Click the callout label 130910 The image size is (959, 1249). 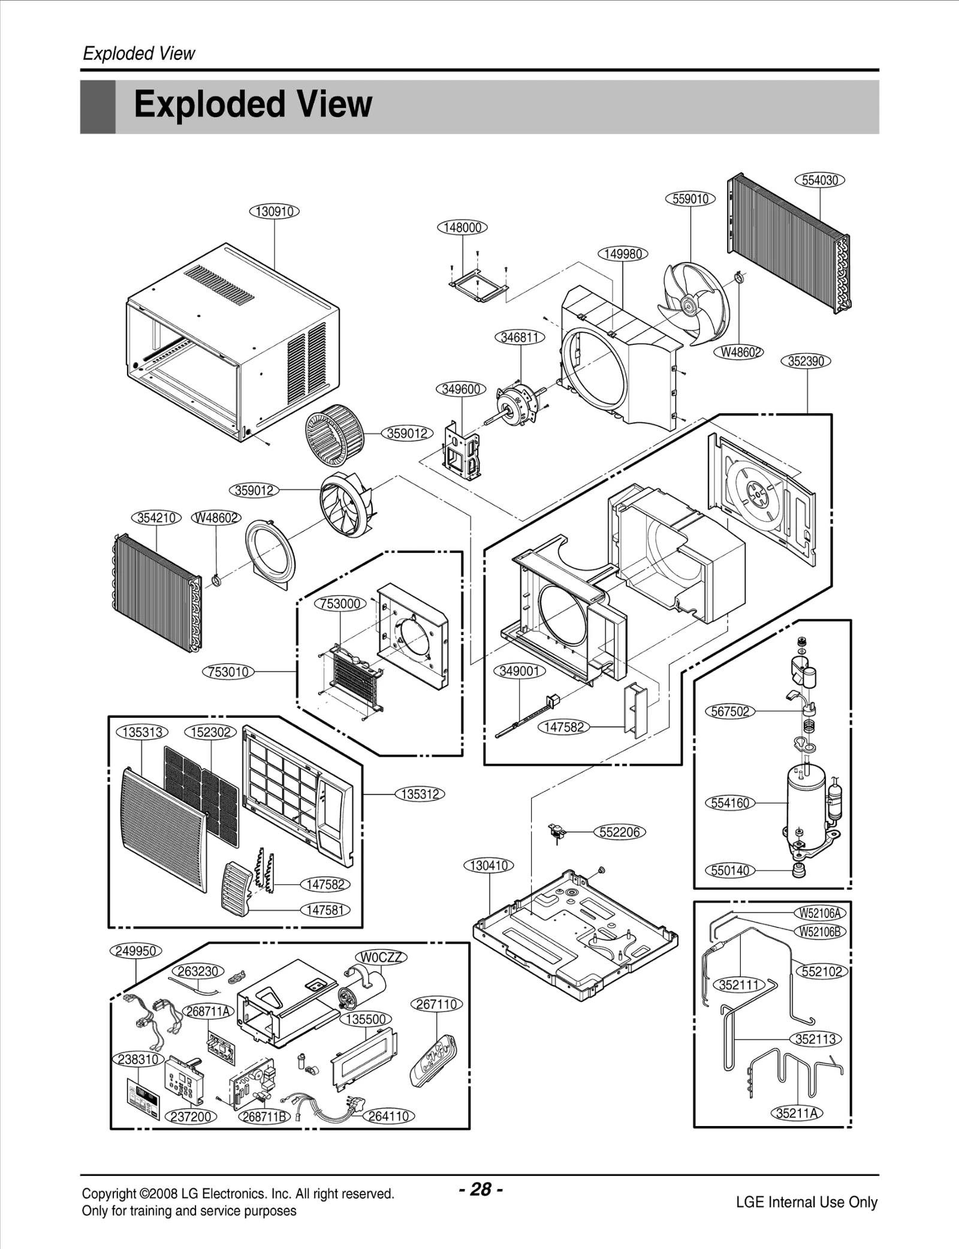(x=275, y=211)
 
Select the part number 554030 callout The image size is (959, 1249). (x=819, y=180)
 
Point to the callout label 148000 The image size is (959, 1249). (x=462, y=227)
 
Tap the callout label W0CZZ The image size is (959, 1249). (x=382, y=957)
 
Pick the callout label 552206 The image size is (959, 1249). (x=620, y=832)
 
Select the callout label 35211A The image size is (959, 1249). (x=797, y=1113)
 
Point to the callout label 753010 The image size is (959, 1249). (x=228, y=672)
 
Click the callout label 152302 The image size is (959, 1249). (x=210, y=732)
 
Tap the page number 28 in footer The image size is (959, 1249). (x=481, y=1188)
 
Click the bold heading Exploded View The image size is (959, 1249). (x=252, y=105)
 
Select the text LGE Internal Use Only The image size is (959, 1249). (x=806, y=1202)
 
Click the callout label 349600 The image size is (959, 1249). (x=460, y=389)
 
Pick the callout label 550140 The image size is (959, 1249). (x=730, y=870)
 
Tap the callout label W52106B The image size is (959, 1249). (x=821, y=931)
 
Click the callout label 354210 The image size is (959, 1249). (x=156, y=517)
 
